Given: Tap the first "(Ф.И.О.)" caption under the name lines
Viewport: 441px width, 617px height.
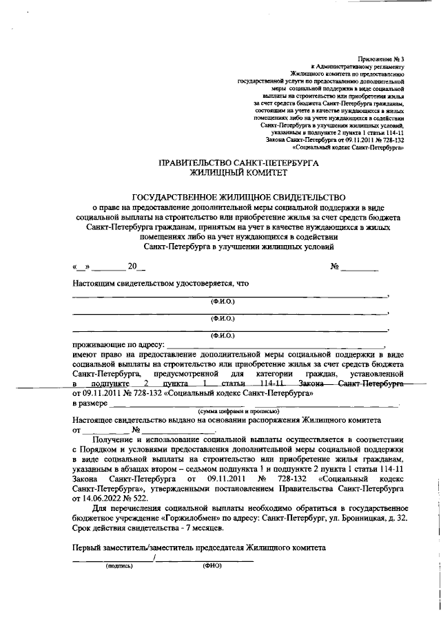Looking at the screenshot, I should pos(223,302).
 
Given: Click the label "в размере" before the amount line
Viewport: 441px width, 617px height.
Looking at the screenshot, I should pos(90,402).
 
